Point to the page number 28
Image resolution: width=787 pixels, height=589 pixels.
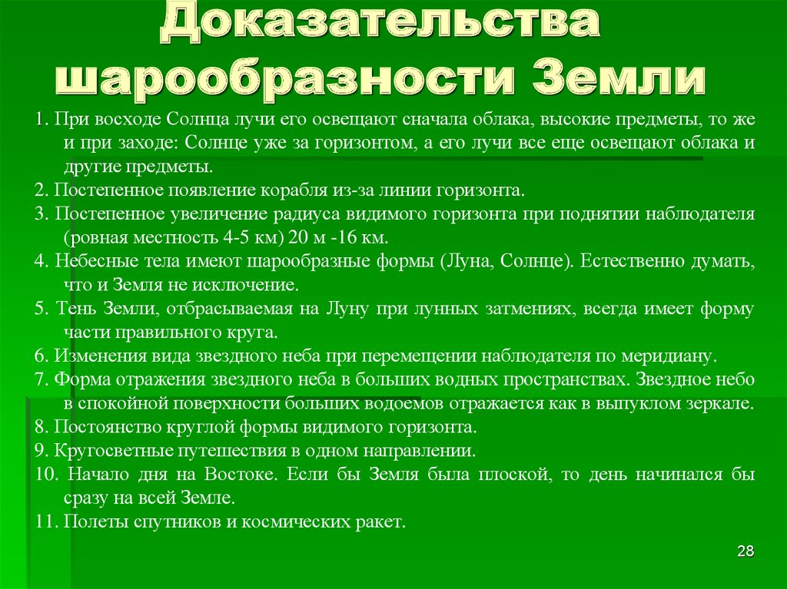pyautogui.click(x=745, y=551)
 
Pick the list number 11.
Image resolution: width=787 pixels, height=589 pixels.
pyautogui.click(x=45, y=521)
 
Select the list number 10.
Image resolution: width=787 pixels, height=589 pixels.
pyautogui.click(x=47, y=474)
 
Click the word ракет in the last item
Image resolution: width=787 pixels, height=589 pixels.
pyautogui.click(x=380, y=522)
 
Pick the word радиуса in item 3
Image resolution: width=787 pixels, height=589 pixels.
pyautogui.click(x=308, y=214)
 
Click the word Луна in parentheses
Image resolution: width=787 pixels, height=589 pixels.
pyautogui.click(x=467, y=261)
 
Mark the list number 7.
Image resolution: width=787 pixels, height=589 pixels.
pyautogui.click(x=42, y=379)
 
